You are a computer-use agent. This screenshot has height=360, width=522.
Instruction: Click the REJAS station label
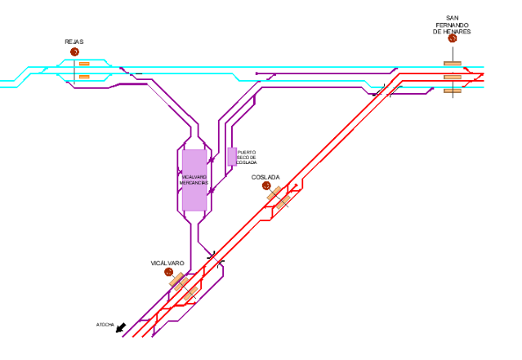(x=74, y=42)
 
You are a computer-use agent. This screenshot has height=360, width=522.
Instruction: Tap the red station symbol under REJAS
(x=74, y=52)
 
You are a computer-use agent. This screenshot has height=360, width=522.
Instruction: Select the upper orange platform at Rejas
(x=84, y=64)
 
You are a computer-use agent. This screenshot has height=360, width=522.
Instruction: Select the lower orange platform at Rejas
(x=84, y=77)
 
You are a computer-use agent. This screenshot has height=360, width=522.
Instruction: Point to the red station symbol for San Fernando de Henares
(x=453, y=38)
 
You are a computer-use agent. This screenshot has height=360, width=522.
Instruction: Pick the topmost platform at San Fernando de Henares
(x=453, y=63)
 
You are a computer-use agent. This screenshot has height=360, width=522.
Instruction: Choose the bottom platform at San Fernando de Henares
(x=453, y=91)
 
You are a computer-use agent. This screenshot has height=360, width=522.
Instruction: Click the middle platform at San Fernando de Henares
(x=453, y=77)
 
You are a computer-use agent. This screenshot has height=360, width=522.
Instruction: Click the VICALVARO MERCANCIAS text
(x=194, y=180)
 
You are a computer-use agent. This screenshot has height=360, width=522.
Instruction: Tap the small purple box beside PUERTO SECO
(x=232, y=156)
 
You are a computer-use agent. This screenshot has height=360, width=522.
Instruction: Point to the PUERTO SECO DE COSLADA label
(x=247, y=157)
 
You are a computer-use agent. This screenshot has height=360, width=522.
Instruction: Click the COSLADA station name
(x=265, y=176)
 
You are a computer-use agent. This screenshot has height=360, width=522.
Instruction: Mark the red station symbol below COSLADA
(x=266, y=186)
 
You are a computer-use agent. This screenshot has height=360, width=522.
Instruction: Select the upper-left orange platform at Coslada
(x=274, y=193)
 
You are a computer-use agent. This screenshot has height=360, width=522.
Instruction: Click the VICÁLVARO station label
(x=167, y=263)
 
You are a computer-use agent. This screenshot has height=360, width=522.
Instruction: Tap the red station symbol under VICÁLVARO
(x=168, y=273)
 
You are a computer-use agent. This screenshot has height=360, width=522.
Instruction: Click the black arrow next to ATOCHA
(x=121, y=328)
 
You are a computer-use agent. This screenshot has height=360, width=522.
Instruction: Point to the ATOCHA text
(x=105, y=325)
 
